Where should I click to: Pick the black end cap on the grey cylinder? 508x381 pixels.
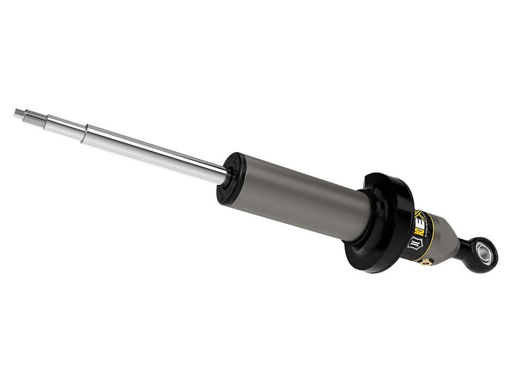(x=230, y=178)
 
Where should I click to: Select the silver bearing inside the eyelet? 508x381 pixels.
(x=483, y=251)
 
